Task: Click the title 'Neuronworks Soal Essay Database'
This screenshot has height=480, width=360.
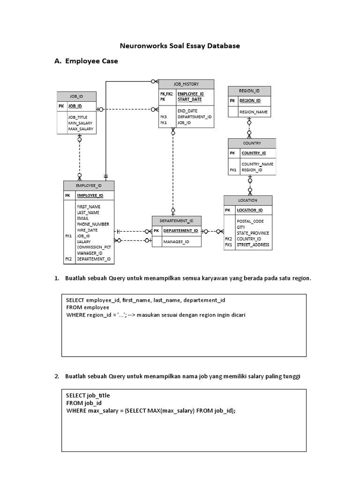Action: tap(180, 46)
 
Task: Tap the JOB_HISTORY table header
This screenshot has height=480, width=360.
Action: tap(186, 84)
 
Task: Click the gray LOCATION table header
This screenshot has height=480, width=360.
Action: tap(247, 200)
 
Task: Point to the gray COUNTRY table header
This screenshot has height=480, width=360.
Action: tap(252, 143)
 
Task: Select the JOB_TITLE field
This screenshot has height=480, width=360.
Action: tap(77, 117)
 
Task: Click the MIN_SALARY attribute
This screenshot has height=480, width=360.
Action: tap(80, 123)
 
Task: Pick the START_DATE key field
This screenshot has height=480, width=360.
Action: tap(189, 99)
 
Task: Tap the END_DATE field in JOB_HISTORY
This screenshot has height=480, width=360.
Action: tap(187, 111)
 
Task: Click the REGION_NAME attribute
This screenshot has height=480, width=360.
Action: tap(253, 112)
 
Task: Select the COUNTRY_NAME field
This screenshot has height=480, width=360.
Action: tap(257, 164)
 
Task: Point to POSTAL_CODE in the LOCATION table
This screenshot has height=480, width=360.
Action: tap(250, 221)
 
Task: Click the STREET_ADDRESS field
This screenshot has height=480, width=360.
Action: tap(253, 245)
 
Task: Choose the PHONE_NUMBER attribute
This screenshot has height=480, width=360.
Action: tap(93, 224)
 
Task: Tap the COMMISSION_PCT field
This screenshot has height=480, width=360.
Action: tap(94, 247)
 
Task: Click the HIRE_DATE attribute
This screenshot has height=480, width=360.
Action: tap(87, 230)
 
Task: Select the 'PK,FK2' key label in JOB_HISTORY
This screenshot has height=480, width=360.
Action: tap(166, 94)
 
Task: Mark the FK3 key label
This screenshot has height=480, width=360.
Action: tap(164, 117)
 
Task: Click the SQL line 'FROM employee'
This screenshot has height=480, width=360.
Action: tap(88, 307)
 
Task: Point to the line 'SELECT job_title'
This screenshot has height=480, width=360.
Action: tap(88, 395)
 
